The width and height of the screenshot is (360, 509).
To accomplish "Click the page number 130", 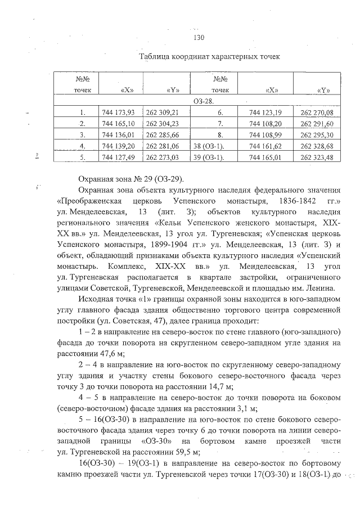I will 197,38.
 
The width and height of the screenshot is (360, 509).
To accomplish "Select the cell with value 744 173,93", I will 120,112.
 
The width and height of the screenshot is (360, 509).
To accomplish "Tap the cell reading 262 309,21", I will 163,112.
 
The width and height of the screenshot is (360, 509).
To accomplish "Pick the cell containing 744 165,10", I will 120,123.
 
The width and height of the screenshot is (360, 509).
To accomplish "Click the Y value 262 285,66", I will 163,134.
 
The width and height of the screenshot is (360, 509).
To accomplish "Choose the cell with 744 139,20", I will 120,145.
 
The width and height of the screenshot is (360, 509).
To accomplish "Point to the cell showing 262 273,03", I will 163,156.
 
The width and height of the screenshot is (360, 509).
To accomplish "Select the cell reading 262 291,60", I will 317,123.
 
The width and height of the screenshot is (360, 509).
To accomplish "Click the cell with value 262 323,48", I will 317,156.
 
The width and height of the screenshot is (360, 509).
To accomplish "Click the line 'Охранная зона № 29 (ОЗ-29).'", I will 132,179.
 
